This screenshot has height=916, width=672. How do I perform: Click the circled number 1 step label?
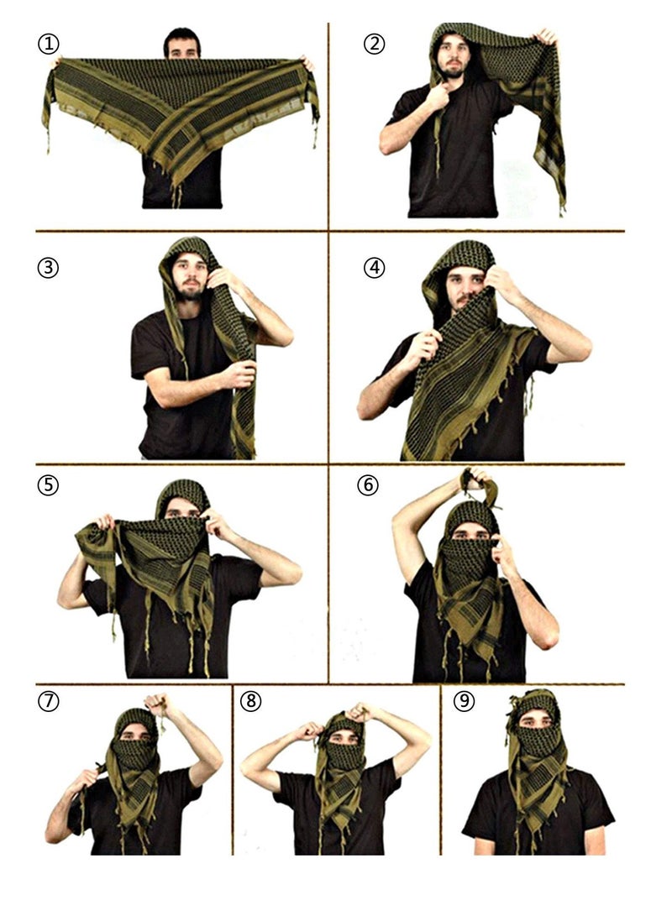click(49, 44)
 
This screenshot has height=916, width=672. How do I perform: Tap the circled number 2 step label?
click(374, 44)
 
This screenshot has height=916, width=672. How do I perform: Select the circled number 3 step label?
click(49, 268)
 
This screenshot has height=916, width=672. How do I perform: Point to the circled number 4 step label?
click(374, 268)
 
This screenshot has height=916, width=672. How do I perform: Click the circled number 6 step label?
click(368, 485)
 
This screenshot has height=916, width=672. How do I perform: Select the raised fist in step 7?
click(156, 704)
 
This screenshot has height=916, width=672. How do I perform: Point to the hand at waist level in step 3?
click(239, 374)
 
